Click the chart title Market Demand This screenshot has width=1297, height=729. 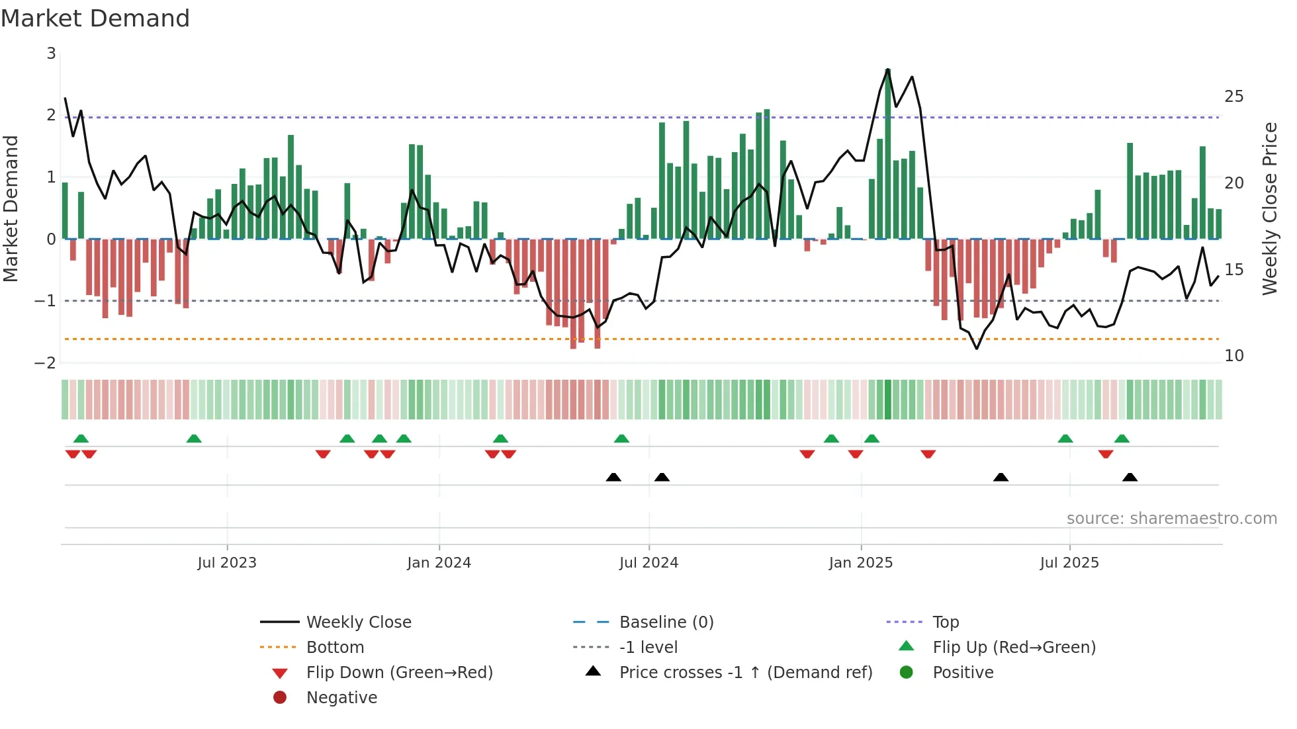(95, 19)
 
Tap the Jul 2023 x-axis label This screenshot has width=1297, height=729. (226, 563)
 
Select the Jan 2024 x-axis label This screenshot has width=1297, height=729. (439, 563)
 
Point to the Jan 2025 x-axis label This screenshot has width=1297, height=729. (860, 563)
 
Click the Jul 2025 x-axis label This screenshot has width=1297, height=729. (1069, 563)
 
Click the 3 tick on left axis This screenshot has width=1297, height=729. (51, 54)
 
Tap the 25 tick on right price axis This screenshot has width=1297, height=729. (1233, 97)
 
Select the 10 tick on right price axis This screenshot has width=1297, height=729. (1233, 356)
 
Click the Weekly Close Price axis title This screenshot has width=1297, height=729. (1269, 208)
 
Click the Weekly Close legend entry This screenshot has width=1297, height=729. (358, 622)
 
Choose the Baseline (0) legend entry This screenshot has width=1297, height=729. (666, 622)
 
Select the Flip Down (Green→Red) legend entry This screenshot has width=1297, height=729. (399, 673)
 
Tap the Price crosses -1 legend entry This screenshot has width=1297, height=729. (745, 673)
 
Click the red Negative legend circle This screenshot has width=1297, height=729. (280, 697)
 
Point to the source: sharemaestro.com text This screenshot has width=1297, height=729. (1171, 519)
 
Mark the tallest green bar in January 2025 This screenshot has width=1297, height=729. (887, 152)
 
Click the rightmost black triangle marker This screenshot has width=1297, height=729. (1130, 477)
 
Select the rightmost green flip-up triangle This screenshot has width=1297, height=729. (1122, 439)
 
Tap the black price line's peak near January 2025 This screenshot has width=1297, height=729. (887, 69)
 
